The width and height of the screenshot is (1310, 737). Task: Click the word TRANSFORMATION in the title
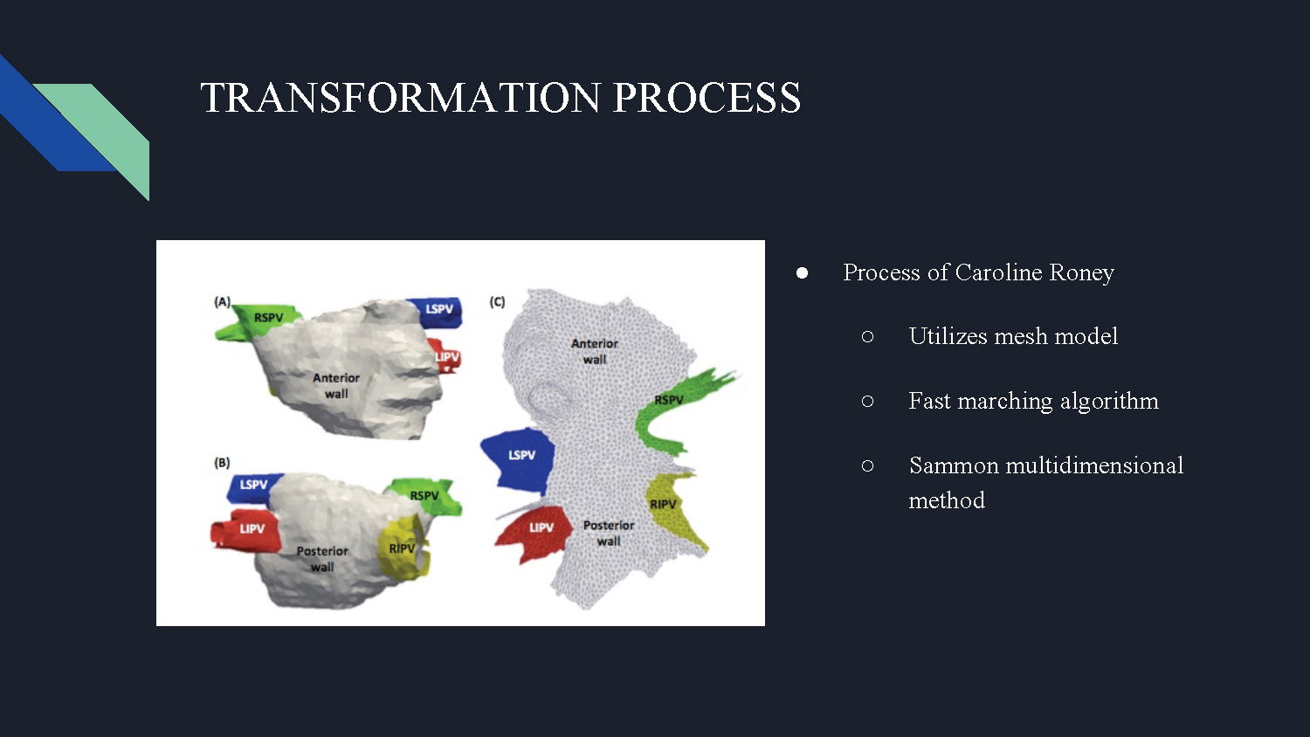pyautogui.click(x=401, y=97)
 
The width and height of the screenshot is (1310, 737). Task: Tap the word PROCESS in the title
pyautogui.click(x=707, y=97)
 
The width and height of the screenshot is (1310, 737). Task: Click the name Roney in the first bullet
pyautogui.click(x=1081, y=273)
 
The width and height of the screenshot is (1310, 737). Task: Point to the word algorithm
pyautogui.click(x=1109, y=402)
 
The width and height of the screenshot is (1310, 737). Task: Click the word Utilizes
pyautogui.click(x=948, y=336)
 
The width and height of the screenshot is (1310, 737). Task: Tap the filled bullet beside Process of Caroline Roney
pyautogui.click(x=802, y=273)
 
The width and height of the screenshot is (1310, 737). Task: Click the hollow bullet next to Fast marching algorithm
pyautogui.click(x=867, y=402)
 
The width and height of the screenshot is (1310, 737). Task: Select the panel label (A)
pyautogui.click(x=222, y=302)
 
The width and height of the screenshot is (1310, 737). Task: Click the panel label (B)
pyautogui.click(x=222, y=463)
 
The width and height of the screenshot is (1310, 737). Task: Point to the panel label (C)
pyautogui.click(x=497, y=302)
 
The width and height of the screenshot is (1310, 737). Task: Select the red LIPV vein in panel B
pyautogui.click(x=245, y=531)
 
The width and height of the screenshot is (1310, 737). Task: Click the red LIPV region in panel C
pyautogui.click(x=534, y=533)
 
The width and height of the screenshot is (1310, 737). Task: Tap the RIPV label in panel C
pyautogui.click(x=663, y=504)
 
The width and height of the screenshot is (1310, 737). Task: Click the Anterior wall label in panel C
pyautogui.click(x=595, y=352)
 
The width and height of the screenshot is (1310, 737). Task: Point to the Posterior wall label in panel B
pyautogui.click(x=322, y=559)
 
